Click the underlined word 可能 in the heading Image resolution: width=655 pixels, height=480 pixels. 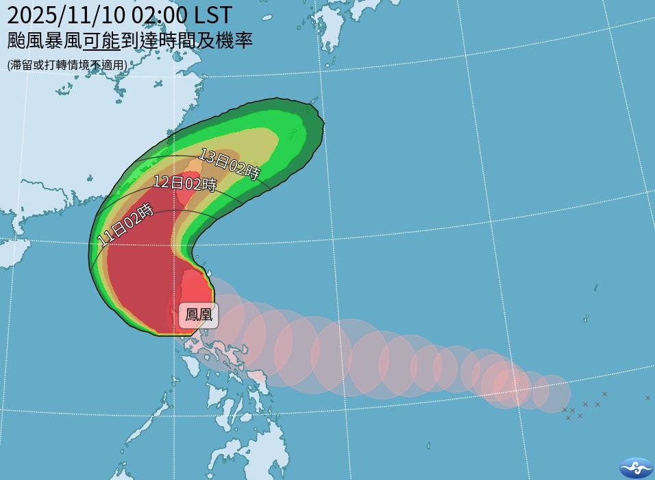pos(101,40)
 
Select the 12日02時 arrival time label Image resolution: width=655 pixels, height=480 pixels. pos(184,184)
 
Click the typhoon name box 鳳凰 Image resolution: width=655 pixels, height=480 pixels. pos(199,316)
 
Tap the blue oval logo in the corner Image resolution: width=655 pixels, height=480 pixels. pos(637,467)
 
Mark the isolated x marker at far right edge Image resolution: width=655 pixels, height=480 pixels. pos(647,398)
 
